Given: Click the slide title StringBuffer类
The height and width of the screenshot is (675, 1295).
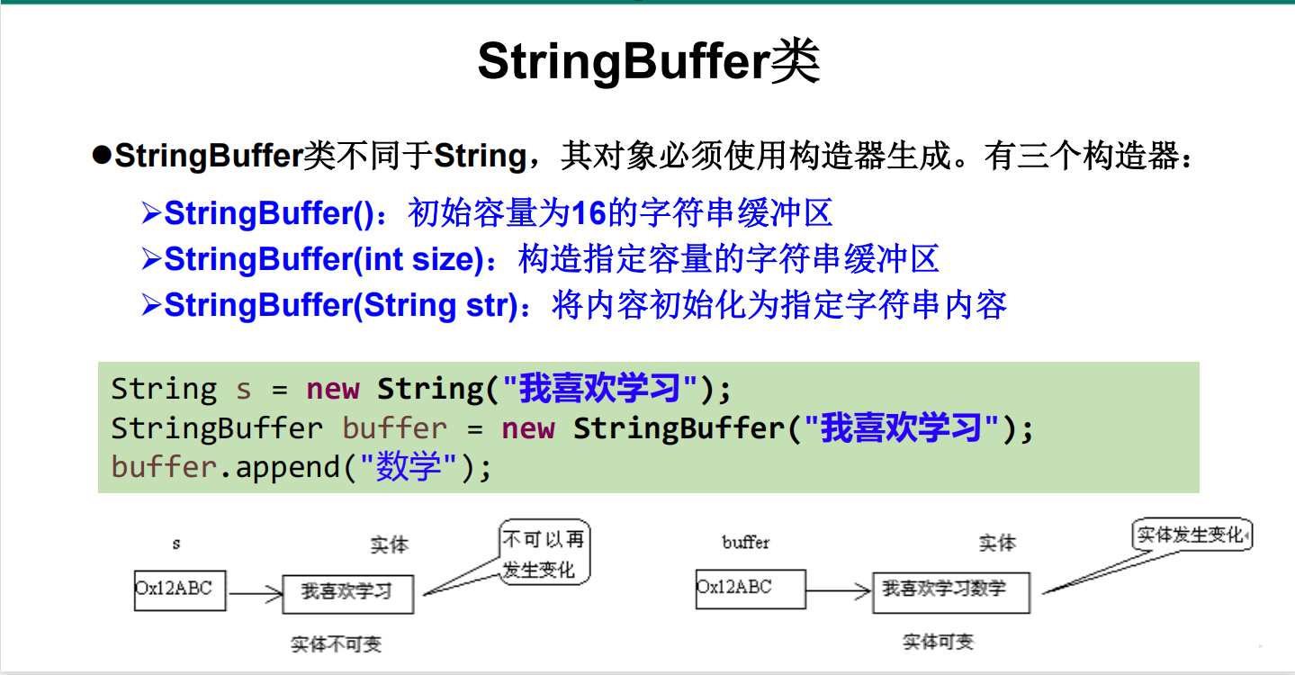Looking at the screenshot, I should click(x=648, y=61).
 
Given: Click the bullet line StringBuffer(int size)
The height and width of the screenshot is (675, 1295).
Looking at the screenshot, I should click(x=540, y=259).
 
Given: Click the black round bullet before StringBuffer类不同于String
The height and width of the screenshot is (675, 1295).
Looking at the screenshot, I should click(x=101, y=155).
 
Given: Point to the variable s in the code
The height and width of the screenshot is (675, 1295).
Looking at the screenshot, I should click(x=244, y=390).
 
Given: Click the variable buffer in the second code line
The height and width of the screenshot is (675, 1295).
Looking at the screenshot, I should click(x=394, y=428).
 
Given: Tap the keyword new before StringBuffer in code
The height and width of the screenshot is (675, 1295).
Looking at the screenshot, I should click(x=528, y=428).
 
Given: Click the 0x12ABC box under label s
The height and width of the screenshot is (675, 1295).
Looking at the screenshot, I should click(x=179, y=589).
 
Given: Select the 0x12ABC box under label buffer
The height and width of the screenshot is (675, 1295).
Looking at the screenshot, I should click(x=737, y=589).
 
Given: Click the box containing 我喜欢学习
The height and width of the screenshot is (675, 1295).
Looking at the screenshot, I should click(x=347, y=593).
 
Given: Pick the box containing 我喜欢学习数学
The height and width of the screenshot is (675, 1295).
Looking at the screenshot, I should click(x=950, y=591).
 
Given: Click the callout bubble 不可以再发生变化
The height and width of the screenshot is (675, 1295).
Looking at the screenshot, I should click(x=543, y=554).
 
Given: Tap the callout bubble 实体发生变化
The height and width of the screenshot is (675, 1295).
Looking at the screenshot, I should click(x=1190, y=535).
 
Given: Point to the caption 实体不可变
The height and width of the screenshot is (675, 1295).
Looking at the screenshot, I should click(x=336, y=644).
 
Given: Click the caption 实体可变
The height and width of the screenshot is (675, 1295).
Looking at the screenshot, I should click(x=938, y=642).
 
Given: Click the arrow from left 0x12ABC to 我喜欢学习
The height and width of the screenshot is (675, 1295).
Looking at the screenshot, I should click(x=255, y=593).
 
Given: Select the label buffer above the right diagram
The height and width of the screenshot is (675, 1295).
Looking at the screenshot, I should click(x=746, y=542).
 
